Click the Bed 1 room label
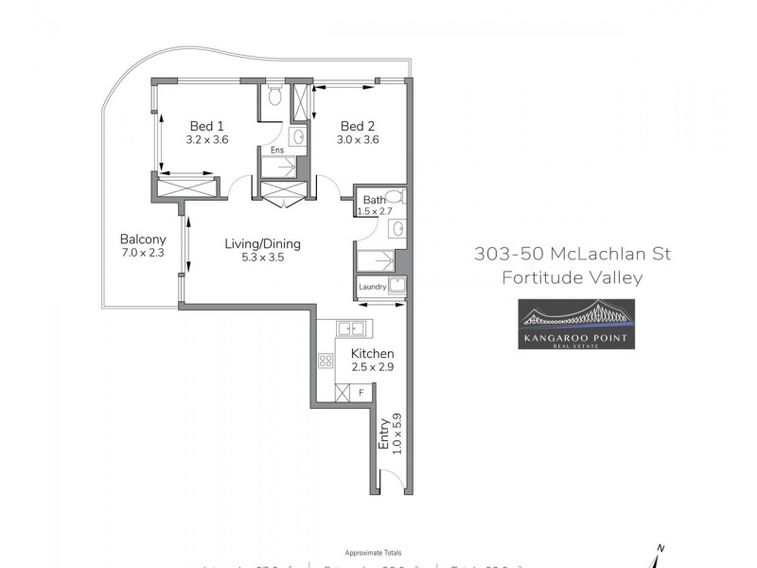207,126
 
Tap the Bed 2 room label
360,126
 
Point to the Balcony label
143,240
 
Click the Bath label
374,199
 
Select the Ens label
276,151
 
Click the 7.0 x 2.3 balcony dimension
143,253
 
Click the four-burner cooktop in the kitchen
326,360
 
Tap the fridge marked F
361,392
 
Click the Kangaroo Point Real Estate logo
575,324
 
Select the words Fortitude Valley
572,277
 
